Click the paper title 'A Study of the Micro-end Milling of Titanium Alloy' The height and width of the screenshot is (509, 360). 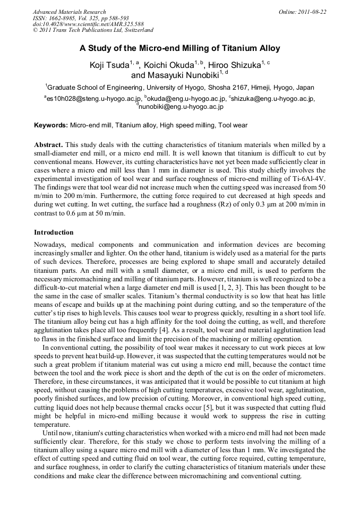pos(180,48)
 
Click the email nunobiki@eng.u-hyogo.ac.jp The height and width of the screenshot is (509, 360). pos(181,107)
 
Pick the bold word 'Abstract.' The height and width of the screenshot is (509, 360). pos(49,144)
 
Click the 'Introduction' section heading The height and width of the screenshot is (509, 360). pos(54,232)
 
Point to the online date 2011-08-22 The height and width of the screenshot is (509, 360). pos(312,12)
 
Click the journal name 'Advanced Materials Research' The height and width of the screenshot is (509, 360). pos(69,12)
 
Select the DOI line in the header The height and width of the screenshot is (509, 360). pos(88,24)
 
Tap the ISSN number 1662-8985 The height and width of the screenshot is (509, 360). pos(67,18)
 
